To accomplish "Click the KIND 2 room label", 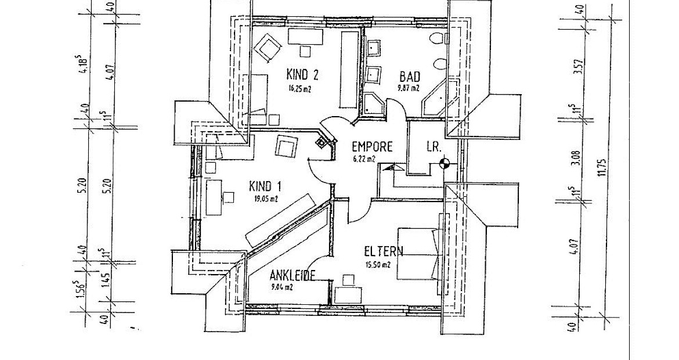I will pyautogui.click(x=302, y=74).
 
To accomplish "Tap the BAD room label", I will pyautogui.click(x=410, y=77).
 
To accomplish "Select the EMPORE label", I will pyautogui.click(x=372, y=147).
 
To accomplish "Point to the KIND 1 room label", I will pyautogui.click(x=265, y=186).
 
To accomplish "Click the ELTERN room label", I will pyautogui.click(x=384, y=251).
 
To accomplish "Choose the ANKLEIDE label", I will pyautogui.click(x=292, y=276).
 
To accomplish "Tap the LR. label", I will pyautogui.click(x=434, y=147).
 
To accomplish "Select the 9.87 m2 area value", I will pyautogui.click(x=409, y=88).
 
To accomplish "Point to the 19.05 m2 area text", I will pyautogui.click(x=266, y=199).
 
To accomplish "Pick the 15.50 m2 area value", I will pyautogui.click(x=377, y=264).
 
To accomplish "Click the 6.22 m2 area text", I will pyautogui.click(x=364, y=159).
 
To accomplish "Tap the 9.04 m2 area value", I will pyautogui.click(x=281, y=286).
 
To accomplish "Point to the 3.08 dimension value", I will pyautogui.click(x=575, y=157).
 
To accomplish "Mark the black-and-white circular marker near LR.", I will pyautogui.click(x=445, y=164).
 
